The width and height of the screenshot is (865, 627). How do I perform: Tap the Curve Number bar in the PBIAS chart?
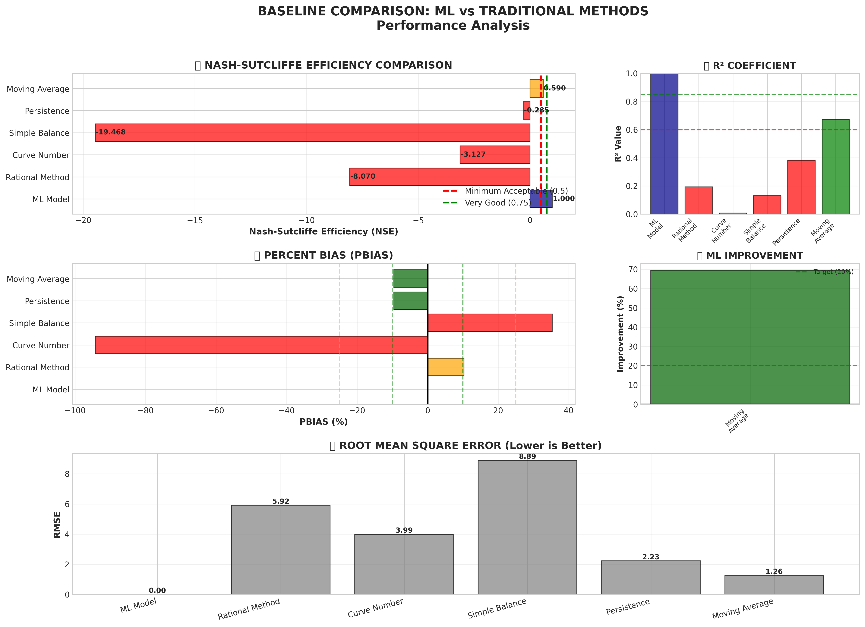point(261,345)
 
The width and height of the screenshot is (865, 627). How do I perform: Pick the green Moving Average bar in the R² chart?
point(835,167)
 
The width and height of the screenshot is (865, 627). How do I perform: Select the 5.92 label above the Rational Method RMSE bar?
point(281,501)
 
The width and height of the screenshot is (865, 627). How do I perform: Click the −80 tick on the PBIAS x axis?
point(146,410)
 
